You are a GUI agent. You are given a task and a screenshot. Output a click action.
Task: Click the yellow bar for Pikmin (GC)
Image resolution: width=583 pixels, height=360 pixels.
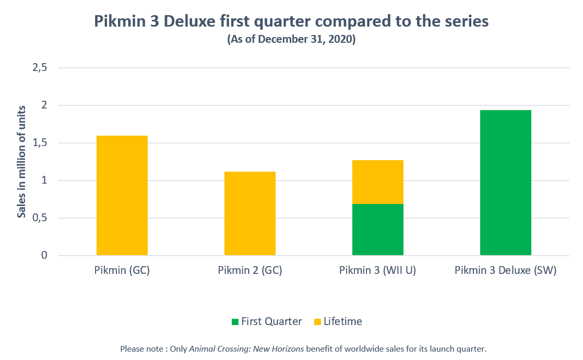122,196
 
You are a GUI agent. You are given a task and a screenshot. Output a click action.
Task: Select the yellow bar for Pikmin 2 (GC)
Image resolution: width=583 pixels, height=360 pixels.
250,213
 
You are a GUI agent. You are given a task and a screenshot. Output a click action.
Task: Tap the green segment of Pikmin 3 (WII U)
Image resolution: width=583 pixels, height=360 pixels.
378,230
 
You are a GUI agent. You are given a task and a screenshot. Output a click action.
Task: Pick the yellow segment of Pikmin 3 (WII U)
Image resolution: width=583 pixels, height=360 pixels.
378,182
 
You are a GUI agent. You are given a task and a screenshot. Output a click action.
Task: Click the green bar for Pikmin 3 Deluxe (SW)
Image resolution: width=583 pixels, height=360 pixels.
506,183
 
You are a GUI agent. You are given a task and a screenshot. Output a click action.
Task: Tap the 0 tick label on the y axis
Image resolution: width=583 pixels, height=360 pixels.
44,256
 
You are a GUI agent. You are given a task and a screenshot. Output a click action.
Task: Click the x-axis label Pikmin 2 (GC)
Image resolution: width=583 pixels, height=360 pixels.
250,271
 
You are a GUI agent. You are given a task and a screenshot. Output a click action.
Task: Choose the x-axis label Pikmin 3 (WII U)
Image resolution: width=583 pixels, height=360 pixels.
377,271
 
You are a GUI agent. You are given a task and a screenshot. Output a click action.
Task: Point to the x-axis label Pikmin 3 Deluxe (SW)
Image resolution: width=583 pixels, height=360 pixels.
506,271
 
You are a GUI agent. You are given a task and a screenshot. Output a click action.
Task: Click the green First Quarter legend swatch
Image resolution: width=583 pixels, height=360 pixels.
235,322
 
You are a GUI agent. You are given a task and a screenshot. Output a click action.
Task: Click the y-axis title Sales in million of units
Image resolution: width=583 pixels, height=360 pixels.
21,161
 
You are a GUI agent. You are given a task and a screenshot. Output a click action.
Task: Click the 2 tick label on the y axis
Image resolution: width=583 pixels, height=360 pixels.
44,105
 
